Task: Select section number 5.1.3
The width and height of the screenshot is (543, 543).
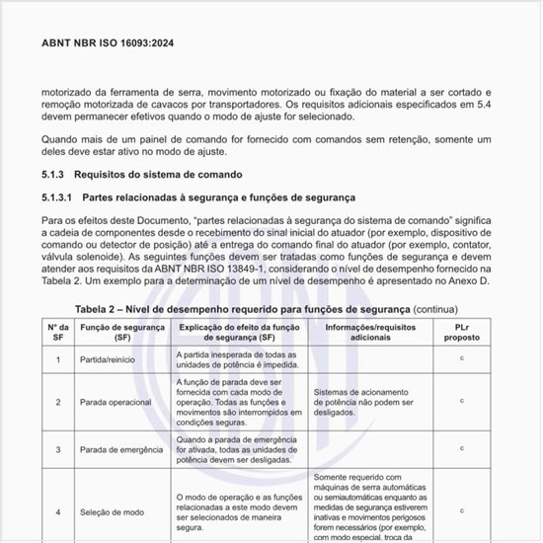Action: point(56,174)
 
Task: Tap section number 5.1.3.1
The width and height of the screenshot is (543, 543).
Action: point(61,196)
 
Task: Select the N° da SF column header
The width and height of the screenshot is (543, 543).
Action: point(57,331)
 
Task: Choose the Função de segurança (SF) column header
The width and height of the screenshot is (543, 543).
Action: point(122,331)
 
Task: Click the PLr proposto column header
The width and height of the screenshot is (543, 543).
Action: point(461,331)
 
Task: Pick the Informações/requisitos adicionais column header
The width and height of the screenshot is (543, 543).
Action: point(364,331)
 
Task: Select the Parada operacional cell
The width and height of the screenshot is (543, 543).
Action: point(116,402)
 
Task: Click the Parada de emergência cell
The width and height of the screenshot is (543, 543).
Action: point(121,449)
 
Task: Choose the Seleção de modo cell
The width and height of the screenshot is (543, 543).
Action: point(112,511)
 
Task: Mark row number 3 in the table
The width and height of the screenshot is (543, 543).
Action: point(57,449)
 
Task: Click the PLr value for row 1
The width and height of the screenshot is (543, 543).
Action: point(461,358)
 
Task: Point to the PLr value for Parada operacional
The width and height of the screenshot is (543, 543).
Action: point(461,401)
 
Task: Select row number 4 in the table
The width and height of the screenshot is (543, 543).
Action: point(57,511)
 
